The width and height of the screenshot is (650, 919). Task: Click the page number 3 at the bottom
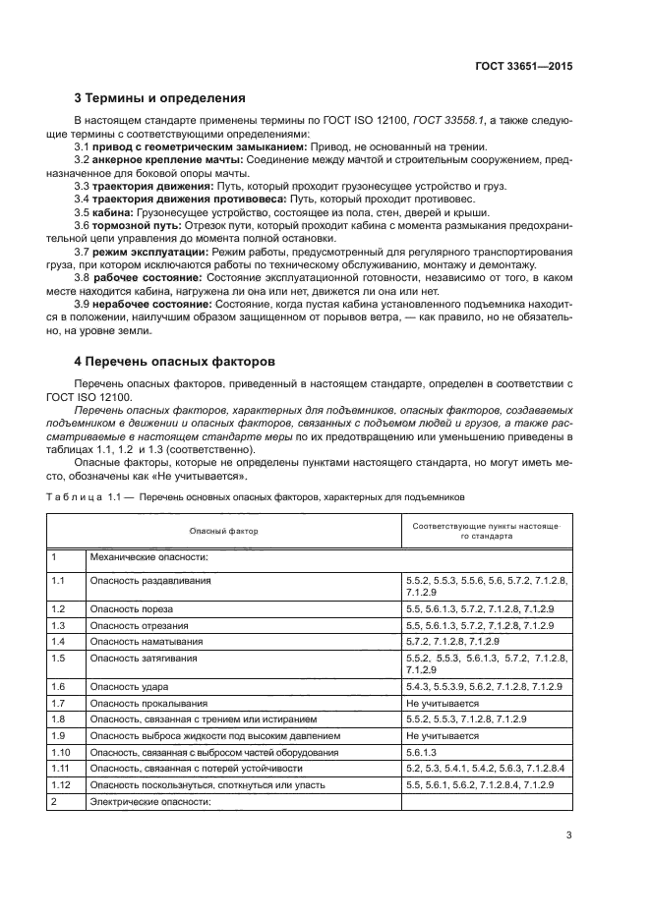click(x=569, y=836)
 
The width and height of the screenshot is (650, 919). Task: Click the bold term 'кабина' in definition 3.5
click(x=110, y=211)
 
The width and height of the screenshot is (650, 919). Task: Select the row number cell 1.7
click(x=58, y=704)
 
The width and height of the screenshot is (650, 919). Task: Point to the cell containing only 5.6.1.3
click(x=423, y=751)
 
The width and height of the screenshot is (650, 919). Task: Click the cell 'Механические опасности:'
click(x=148, y=557)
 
